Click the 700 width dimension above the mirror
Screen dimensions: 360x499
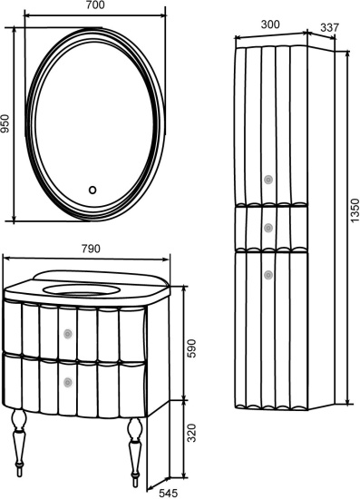coord(95,5)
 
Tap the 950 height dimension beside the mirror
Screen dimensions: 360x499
coord(5,123)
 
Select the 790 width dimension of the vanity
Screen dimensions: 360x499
coord(91,249)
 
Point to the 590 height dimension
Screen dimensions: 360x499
coord(191,348)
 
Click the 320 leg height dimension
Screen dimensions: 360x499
coord(191,433)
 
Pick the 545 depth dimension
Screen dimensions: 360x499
coord(168,494)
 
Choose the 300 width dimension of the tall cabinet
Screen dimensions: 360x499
coord(270,24)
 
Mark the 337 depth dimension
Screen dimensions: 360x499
coord(329,28)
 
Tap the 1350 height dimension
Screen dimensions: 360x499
coord(355,210)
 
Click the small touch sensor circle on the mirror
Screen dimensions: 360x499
coord(92,190)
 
